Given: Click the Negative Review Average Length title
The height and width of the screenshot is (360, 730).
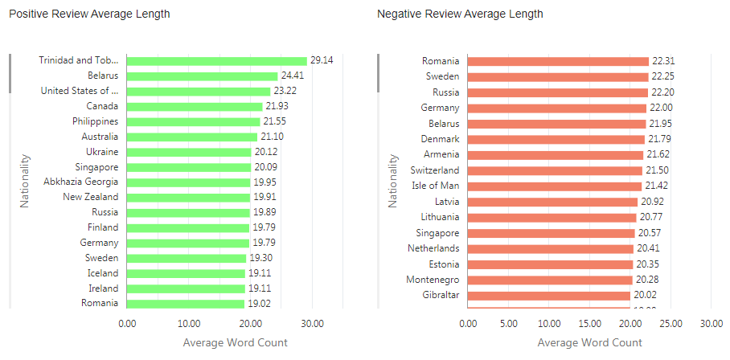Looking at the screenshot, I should pos(460,14).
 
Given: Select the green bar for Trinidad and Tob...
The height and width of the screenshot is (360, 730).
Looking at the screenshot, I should pos(216,60).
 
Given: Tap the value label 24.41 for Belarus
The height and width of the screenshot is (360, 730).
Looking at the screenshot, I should pos(293,76).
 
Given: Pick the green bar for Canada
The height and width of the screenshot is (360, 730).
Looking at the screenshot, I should pos(195,106).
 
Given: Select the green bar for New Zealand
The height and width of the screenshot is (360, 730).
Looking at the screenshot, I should pos(188,197).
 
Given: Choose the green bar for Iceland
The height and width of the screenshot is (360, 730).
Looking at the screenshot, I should pos(186,273).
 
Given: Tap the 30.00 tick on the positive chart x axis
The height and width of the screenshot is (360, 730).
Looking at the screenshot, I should pos(312,324).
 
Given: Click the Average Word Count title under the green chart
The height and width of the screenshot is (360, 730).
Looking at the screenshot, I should pos(235,343).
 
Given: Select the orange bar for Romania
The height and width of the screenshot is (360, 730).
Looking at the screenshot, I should pos(558,61).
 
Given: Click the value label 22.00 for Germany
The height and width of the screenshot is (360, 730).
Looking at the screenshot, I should pos(662,108).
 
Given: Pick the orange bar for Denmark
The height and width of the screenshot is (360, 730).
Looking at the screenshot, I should pos(556,139).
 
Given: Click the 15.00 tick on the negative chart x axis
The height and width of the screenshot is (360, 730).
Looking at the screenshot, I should pos(589,324).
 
